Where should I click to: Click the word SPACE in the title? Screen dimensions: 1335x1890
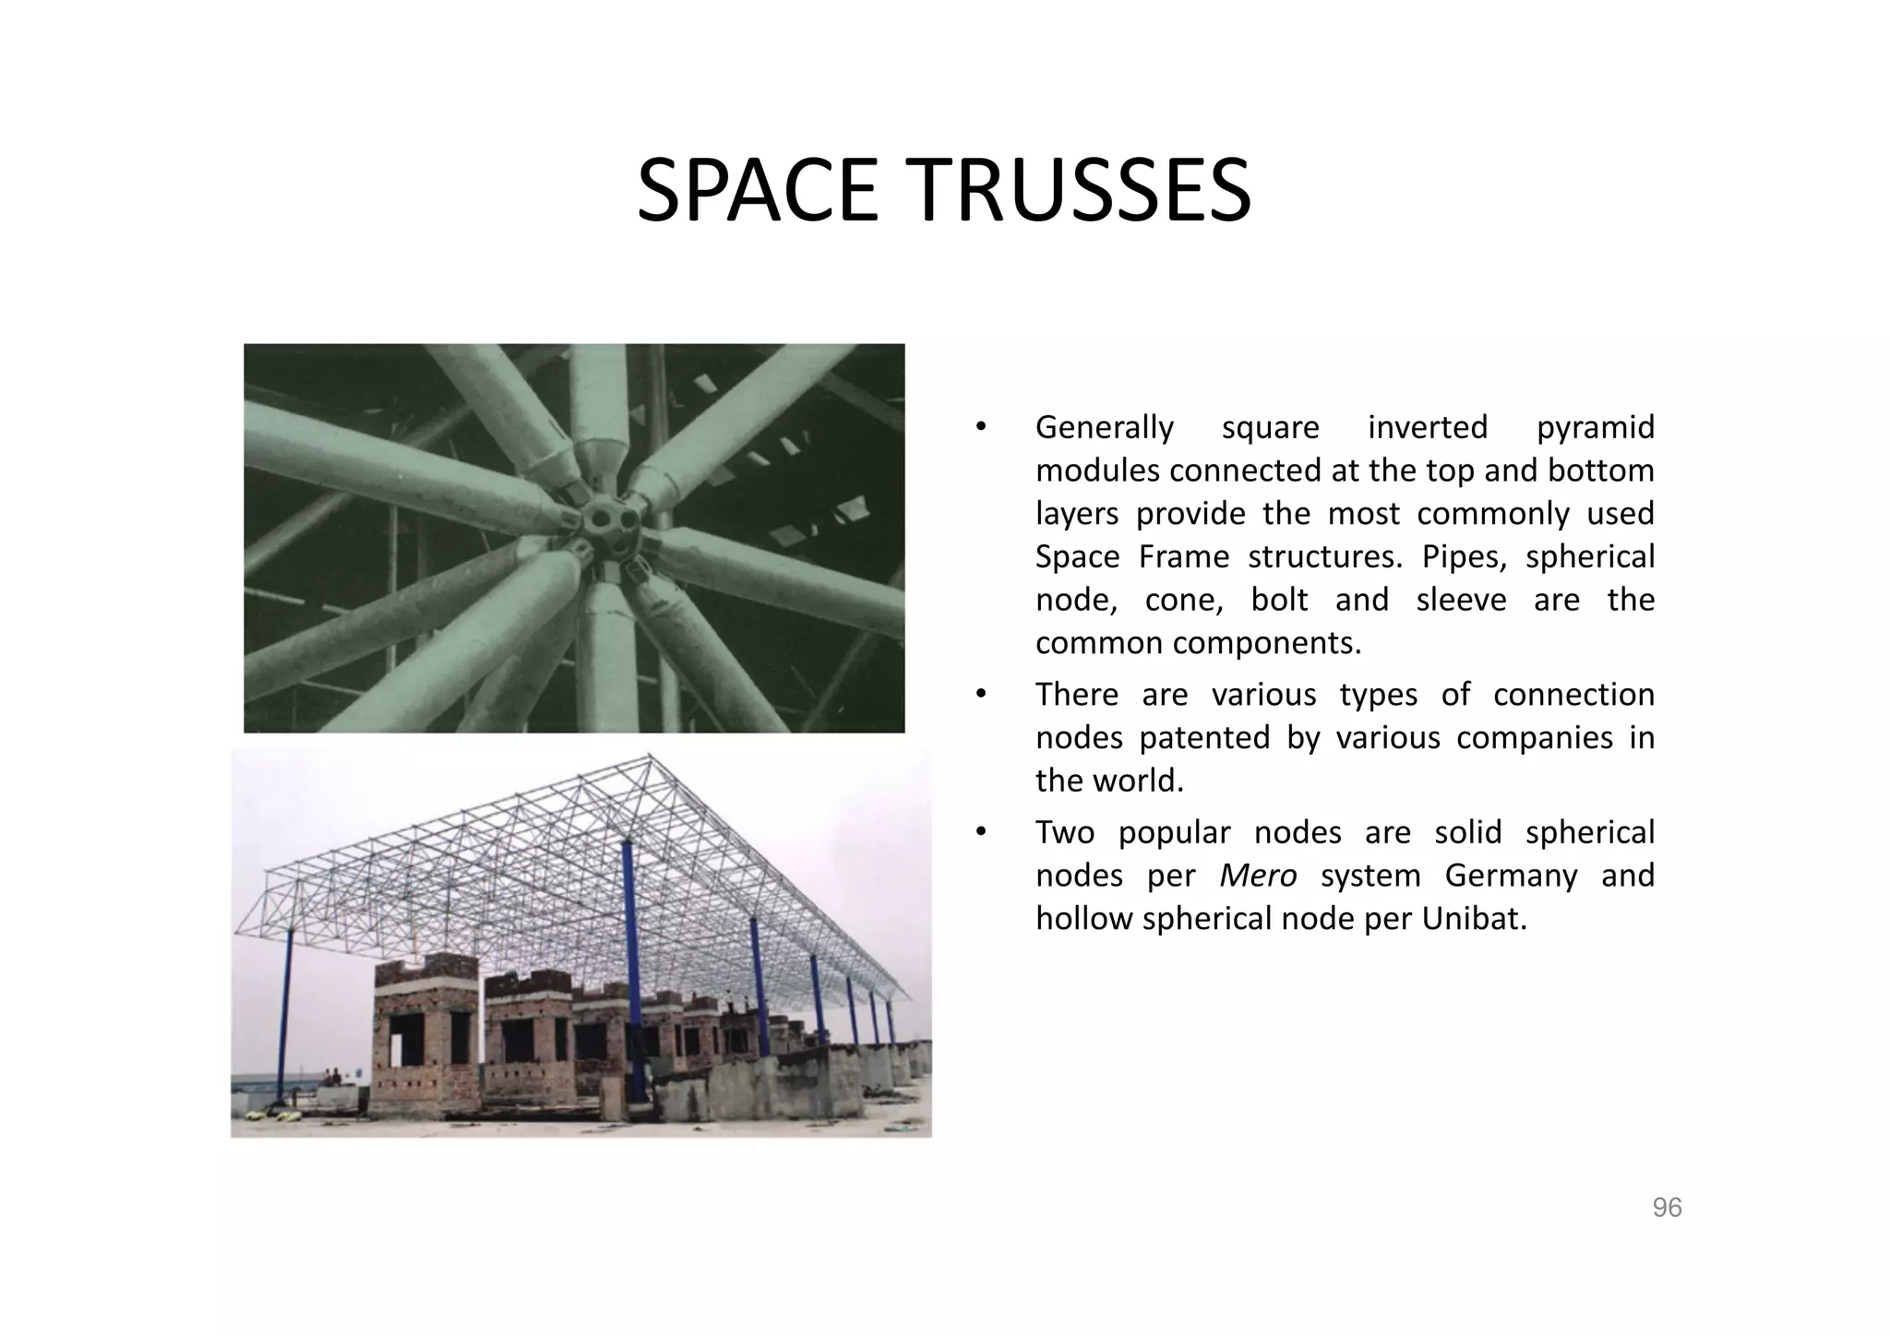(x=757, y=192)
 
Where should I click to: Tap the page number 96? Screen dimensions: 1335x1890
(x=1667, y=1208)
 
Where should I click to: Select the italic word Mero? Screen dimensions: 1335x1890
(x=1258, y=876)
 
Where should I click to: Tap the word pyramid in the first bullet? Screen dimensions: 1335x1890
(x=1595, y=428)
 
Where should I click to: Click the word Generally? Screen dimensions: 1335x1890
(x=1104, y=428)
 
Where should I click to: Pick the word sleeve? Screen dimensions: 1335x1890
(x=1462, y=601)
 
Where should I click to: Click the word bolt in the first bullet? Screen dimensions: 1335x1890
(x=1279, y=601)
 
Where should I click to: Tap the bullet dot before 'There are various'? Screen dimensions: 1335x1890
(x=982, y=695)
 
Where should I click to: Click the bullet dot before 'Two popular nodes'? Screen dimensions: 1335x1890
(x=982, y=833)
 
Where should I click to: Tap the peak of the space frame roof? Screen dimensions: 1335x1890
(x=649, y=757)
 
